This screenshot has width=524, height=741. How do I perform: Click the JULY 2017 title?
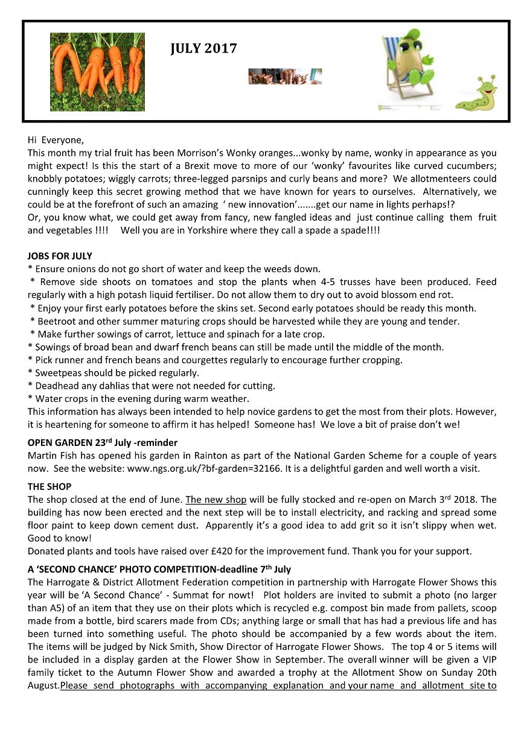pos(203,49)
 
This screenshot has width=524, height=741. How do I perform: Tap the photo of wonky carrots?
pos(97,71)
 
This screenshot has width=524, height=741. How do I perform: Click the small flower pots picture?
pos(284,76)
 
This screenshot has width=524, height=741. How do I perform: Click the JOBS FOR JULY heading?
pos(60,256)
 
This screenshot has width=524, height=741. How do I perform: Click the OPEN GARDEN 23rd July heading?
pos(102,443)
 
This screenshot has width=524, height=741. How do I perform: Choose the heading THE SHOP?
pos(50,486)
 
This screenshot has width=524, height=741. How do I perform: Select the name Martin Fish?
pos(56,456)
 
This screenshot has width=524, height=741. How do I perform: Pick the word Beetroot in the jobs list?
pos(57,321)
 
